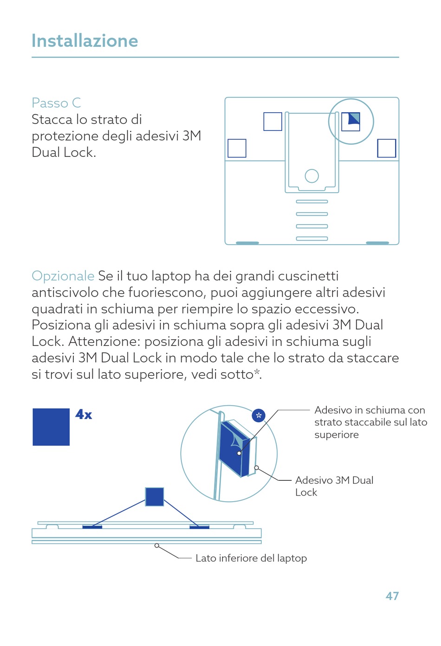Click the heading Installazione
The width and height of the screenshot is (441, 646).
pos(84,41)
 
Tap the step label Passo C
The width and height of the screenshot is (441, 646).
pos(56,103)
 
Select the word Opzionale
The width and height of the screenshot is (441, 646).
pos(63,276)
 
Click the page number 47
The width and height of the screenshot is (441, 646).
pos(392,596)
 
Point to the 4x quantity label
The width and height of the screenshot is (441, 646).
pos(84,414)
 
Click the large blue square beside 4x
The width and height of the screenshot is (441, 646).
pos(51,427)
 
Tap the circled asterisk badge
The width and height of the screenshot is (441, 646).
pos(259,415)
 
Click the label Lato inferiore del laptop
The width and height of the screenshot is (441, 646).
pos(251,558)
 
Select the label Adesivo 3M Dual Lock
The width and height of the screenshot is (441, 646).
pos(334,486)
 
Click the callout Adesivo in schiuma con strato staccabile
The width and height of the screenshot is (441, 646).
pos(370,422)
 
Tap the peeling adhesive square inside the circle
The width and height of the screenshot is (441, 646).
pos(350,122)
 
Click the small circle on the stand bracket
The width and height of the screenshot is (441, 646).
pos(312,176)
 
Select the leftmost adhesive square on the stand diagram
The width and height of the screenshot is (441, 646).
pos(237,149)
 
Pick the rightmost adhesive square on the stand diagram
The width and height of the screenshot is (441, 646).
pos(387,149)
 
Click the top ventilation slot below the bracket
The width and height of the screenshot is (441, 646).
pos(312,201)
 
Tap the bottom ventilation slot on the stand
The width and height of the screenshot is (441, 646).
pos(312,239)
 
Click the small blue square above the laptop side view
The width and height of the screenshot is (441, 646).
pos(155,497)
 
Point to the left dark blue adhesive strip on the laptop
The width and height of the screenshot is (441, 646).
pos(92,527)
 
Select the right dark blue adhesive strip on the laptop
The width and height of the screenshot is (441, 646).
pos(200,527)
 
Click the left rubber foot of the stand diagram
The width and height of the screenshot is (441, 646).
pos(247,243)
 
